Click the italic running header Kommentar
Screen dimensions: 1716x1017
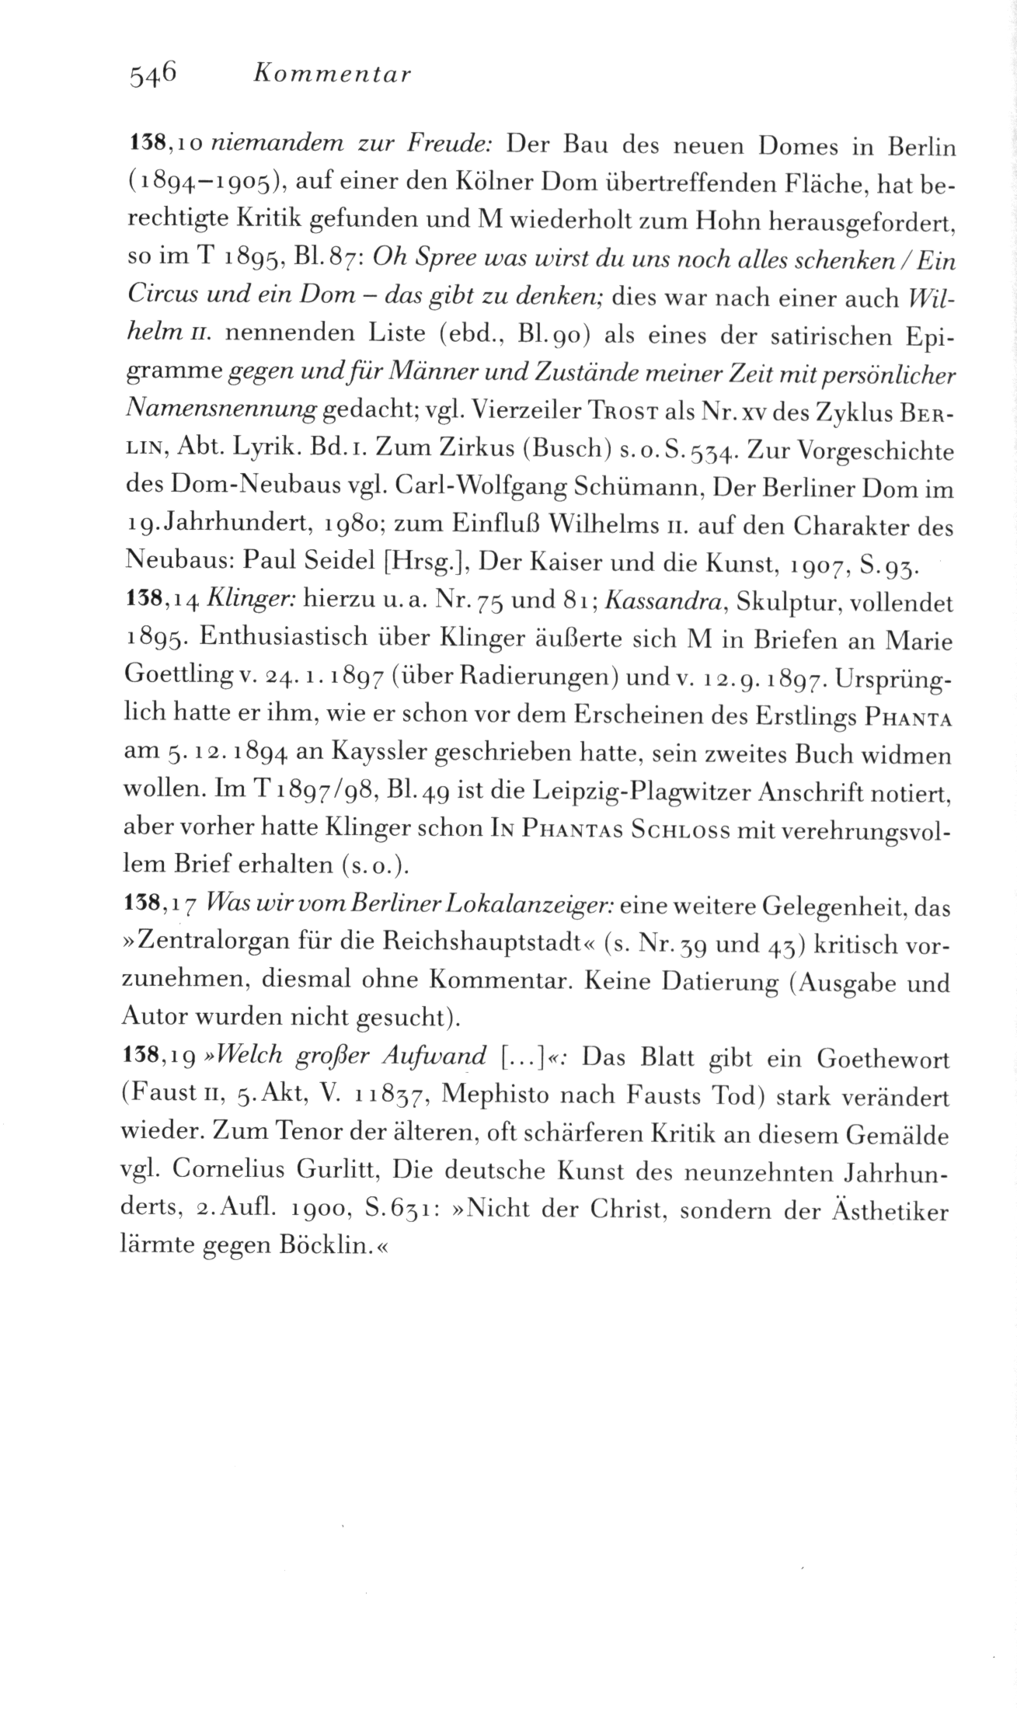tap(332, 75)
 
